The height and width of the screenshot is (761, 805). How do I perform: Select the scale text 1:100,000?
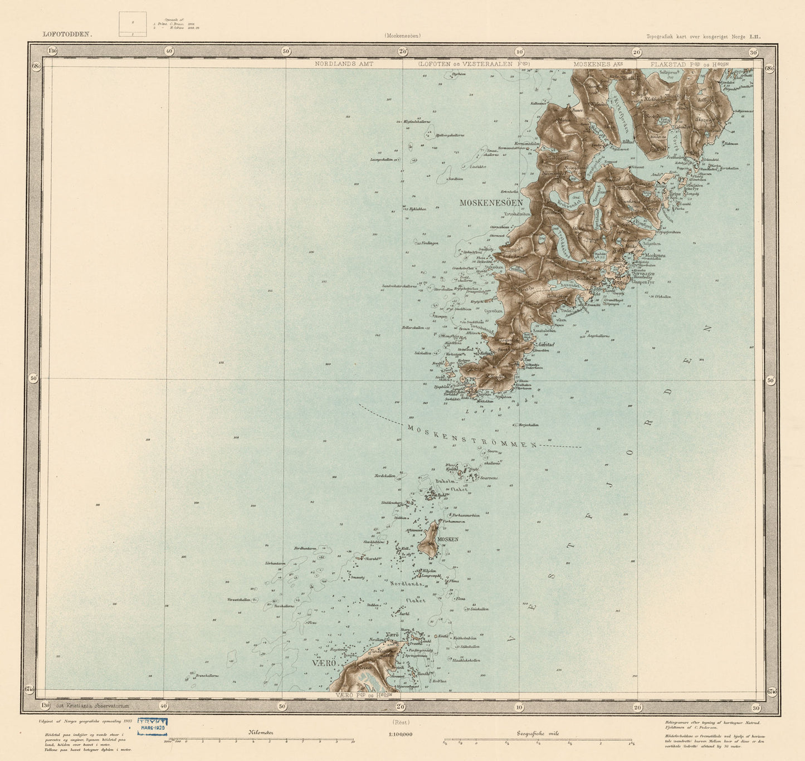point(401,734)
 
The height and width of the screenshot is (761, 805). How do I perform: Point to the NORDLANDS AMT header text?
point(344,64)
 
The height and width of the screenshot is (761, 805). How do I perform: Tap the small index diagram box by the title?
point(133,24)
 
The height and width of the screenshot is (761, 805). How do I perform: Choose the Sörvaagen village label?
point(643,273)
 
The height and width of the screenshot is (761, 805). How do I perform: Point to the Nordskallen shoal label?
point(385,476)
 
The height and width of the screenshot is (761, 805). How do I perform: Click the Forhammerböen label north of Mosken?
point(466,515)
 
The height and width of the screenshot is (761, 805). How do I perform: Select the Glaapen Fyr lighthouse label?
point(643,282)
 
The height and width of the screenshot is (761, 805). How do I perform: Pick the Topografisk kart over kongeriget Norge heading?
point(703,37)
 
